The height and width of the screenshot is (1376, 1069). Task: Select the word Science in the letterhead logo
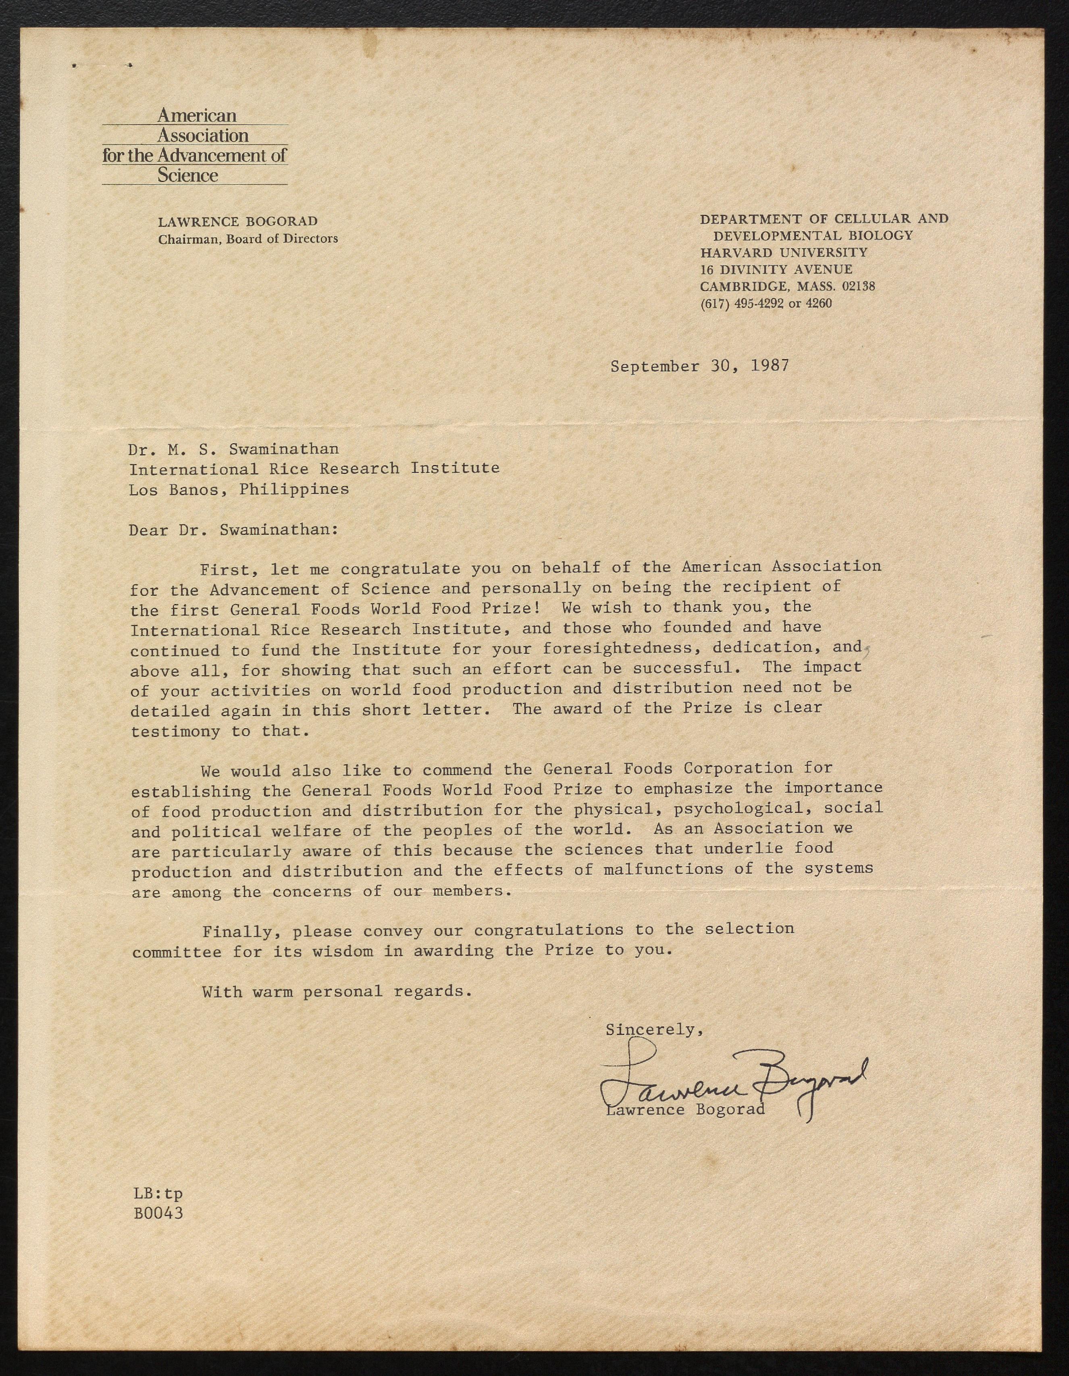188,175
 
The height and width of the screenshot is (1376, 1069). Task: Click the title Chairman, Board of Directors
247,239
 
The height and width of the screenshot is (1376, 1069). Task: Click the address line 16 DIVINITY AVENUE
776,269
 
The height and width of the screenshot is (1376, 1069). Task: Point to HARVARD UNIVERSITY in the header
784,253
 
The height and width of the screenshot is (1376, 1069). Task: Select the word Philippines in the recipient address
294,489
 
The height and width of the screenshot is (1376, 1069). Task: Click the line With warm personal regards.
337,991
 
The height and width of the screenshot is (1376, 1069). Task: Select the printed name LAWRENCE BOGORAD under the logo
237,222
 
